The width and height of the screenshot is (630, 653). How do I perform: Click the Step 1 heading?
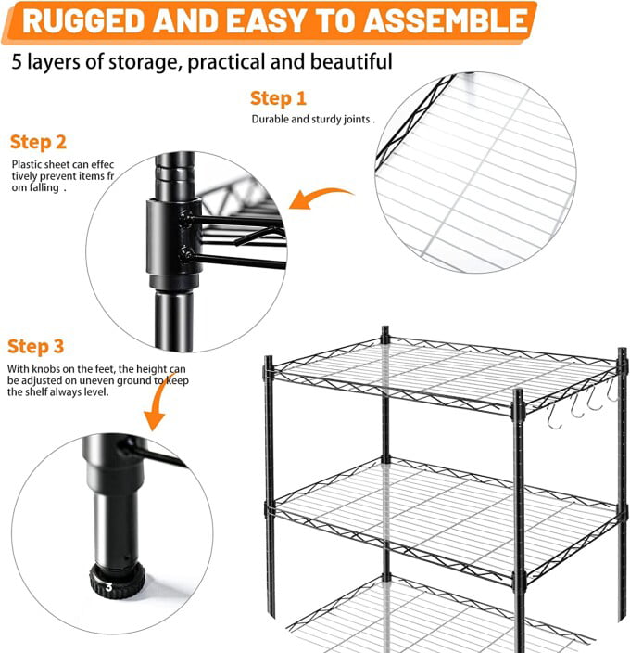pyautogui.click(x=278, y=98)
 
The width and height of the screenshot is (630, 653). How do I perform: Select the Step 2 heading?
pyautogui.click(x=38, y=142)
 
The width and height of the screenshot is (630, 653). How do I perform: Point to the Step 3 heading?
pyautogui.click(x=36, y=346)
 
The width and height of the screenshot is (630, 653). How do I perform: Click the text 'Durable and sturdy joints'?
pyautogui.click(x=311, y=120)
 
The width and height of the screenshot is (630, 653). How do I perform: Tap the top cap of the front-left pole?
pyautogui.click(x=269, y=361)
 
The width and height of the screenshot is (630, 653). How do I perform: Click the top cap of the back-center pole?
pyautogui.click(x=385, y=330)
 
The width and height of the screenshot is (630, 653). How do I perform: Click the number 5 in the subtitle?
pyautogui.click(x=18, y=62)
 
